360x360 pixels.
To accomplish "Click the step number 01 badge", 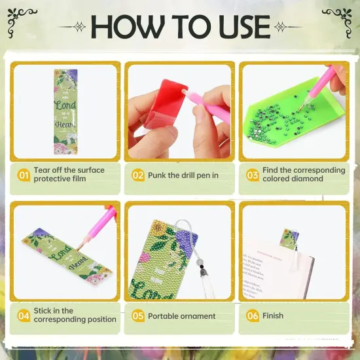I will coord(24,175).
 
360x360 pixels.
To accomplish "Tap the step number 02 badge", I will coord(138,175).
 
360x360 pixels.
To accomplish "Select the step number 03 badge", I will coord(253,175).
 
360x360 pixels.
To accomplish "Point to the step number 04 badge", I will coord(24,315).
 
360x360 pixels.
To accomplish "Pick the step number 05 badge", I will coord(138,315).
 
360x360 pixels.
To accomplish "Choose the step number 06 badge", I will coord(253,315).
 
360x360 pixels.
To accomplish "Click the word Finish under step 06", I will coord(273,315).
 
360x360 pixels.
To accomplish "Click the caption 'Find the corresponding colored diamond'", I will coord(304,175).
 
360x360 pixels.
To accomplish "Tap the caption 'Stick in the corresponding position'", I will coord(75,315).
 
